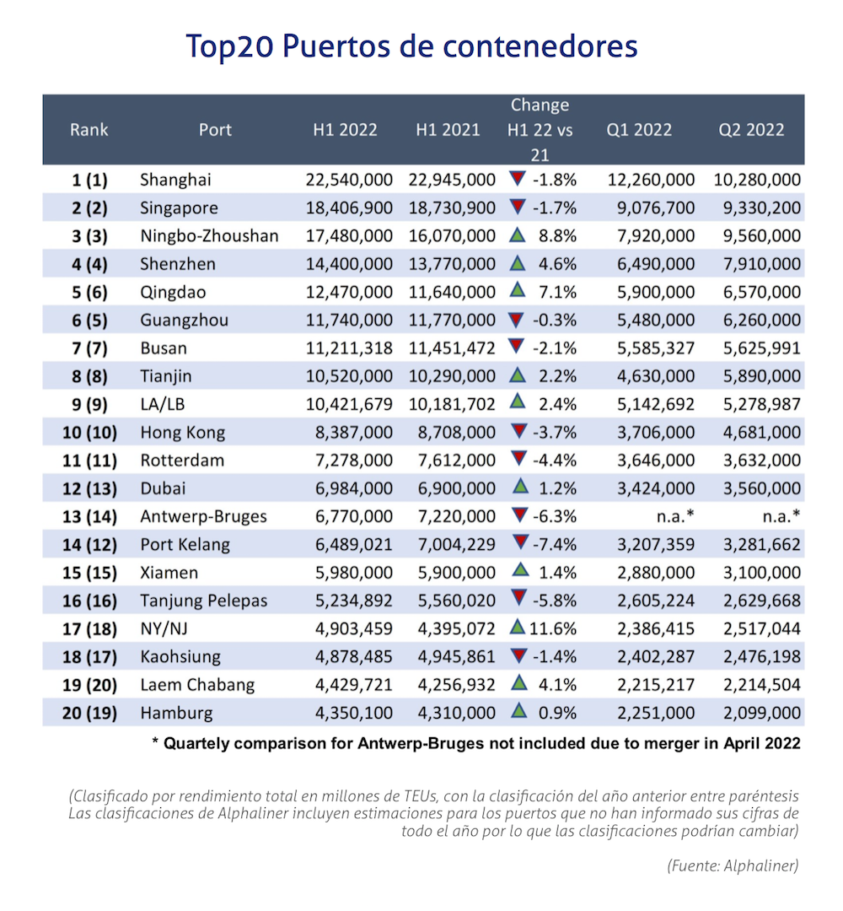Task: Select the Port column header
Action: click(215, 130)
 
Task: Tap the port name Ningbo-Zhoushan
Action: click(209, 236)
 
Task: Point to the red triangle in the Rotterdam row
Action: click(518, 459)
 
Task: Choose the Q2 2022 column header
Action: click(751, 130)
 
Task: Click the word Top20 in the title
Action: click(229, 46)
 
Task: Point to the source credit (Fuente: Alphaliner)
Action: click(732, 865)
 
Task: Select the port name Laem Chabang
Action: click(197, 685)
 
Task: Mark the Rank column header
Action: click(89, 130)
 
